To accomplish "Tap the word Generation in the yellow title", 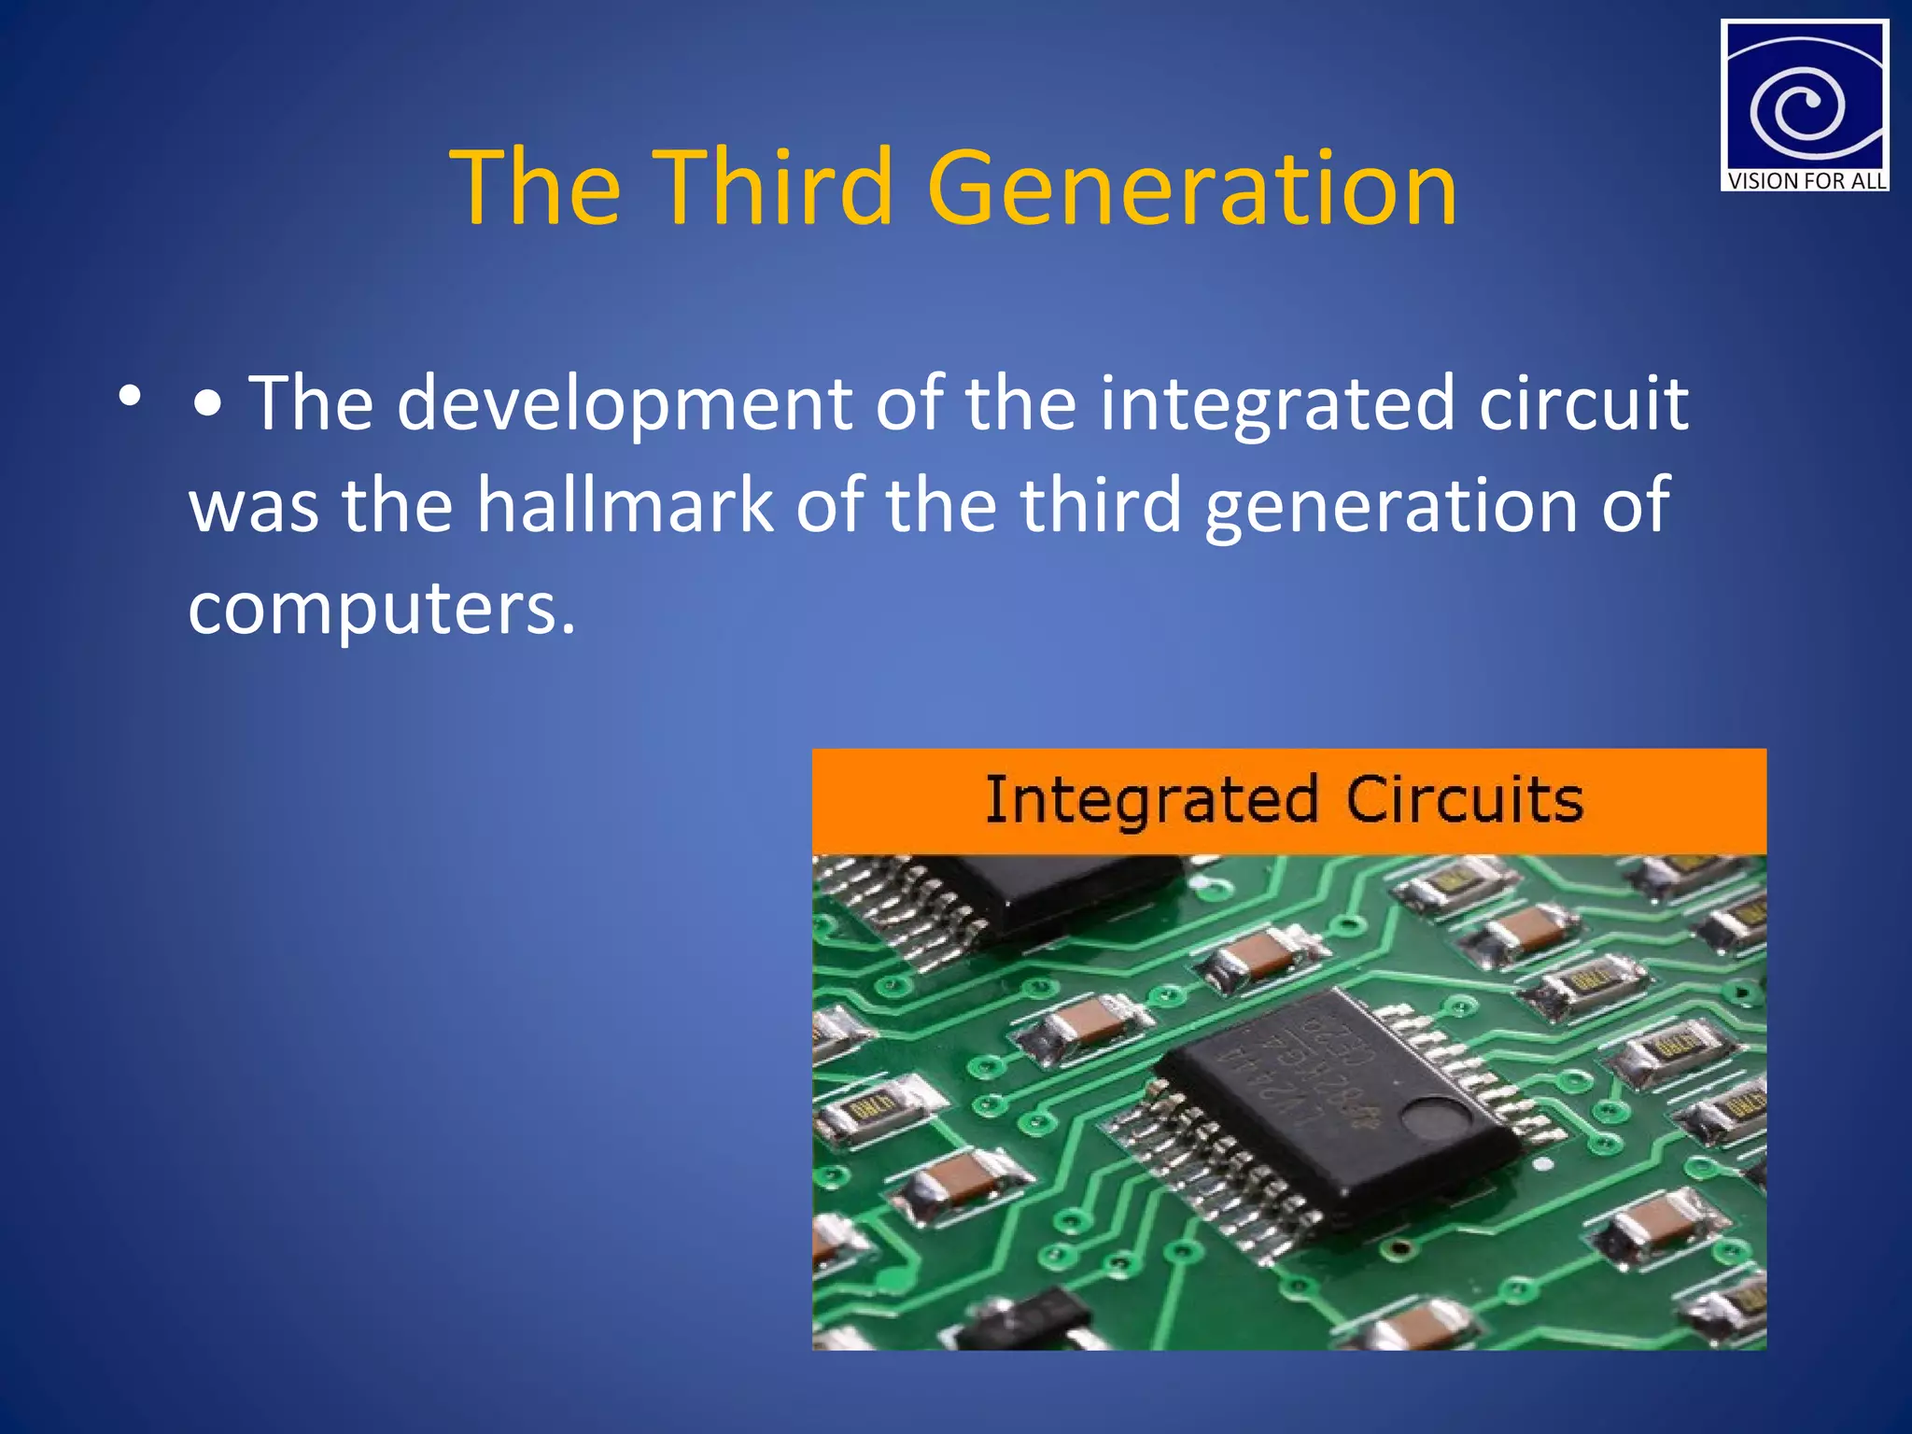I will point(1191,189).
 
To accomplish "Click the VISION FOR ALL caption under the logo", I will point(1805,180).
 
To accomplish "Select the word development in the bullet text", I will point(624,405).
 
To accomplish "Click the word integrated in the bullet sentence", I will point(1276,405).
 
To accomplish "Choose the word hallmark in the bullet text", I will point(625,505).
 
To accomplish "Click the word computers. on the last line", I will point(382,608).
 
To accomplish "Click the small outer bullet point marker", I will point(130,397).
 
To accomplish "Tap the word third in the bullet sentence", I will point(1101,505).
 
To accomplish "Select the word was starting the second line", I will point(253,505).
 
